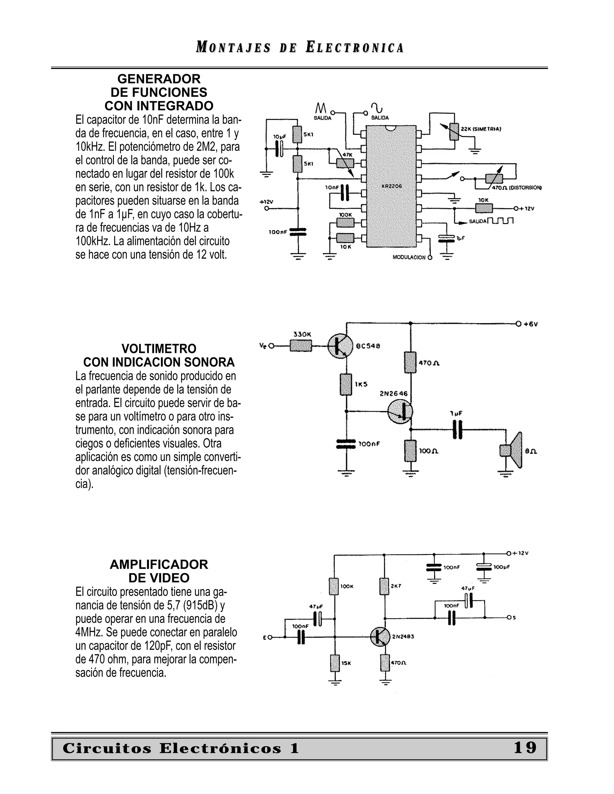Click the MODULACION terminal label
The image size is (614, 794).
(x=409, y=257)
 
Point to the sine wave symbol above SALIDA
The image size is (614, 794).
(x=377, y=108)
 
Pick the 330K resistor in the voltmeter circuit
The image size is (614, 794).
(x=301, y=345)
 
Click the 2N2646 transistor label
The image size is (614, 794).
(x=394, y=393)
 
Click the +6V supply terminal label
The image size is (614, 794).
(x=531, y=324)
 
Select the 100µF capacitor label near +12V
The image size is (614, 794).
(x=502, y=567)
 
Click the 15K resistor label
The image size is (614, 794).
(x=346, y=663)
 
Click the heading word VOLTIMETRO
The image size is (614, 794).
(x=159, y=349)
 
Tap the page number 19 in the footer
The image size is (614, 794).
(x=525, y=748)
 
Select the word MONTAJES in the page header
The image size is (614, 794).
(x=233, y=48)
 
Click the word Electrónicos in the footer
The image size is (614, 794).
(x=220, y=748)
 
